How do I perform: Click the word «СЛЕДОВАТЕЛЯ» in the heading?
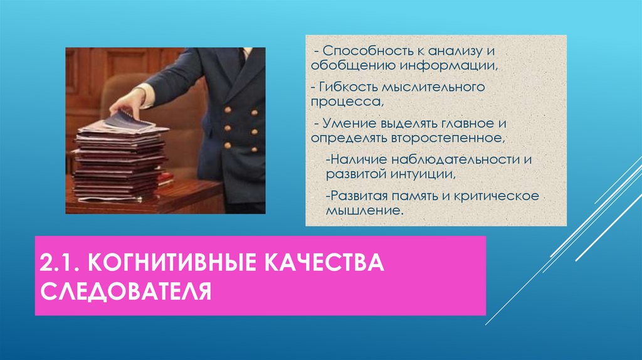[126, 292]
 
